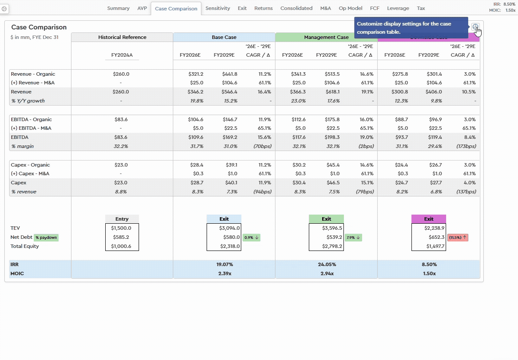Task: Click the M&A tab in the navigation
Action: point(325,8)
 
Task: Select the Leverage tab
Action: point(398,8)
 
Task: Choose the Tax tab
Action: point(421,8)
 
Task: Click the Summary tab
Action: point(118,8)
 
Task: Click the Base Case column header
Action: point(224,37)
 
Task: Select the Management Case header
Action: point(326,37)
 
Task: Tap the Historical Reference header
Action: point(122,37)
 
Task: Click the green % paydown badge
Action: point(46,238)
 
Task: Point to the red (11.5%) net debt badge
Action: point(457,238)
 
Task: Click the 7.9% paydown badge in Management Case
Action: point(353,238)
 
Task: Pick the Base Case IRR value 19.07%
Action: point(224,264)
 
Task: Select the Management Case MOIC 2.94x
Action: point(326,273)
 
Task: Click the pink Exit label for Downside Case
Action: point(428,219)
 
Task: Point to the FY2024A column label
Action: point(122,55)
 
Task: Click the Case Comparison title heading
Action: point(39,27)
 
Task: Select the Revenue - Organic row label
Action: point(33,74)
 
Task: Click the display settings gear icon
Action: point(475,27)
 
